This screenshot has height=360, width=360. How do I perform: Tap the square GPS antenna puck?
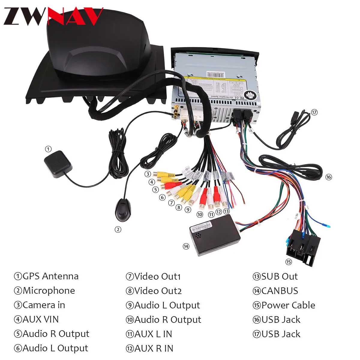coord(58,163)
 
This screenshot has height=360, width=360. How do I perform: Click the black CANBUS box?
coord(215,234)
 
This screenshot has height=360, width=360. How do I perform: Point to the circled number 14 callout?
coord(186,246)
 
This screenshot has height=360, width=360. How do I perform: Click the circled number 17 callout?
coord(314,112)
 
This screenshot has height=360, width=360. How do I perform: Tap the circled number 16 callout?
coord(328,177)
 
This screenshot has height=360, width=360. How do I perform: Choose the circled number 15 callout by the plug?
coord(288,262)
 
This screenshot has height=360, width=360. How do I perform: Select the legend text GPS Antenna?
coord(50,276)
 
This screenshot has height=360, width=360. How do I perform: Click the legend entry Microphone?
coord(49,290)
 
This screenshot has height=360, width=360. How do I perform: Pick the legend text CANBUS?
coord(280,291)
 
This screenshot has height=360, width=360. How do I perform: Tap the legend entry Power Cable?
coord(288,305)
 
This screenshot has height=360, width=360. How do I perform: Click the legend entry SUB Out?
coord(279,276)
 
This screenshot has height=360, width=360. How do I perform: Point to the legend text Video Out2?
coord(158,291)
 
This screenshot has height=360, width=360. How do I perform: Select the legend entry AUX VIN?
coord(40,319)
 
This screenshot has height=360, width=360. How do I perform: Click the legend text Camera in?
coord(43,305)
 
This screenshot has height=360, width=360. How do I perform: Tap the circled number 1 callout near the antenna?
coord(48,149)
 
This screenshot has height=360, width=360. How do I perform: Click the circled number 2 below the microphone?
coord(118,229)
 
